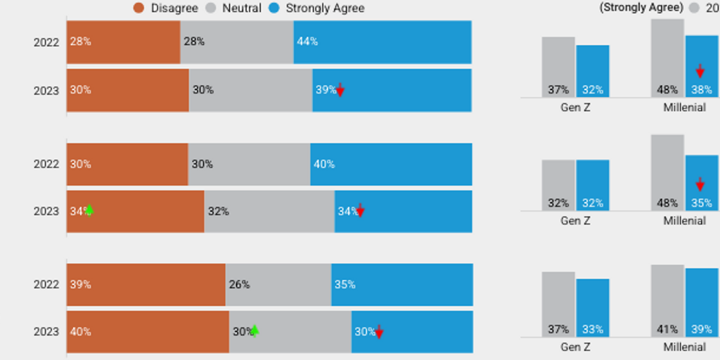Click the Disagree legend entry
(165, 8)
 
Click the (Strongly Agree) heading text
(641, 8)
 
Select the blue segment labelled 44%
(382, 42)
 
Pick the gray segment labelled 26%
(278, 285)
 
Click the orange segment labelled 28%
(123, 42)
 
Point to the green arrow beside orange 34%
(89, 210)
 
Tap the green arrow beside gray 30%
(255, 330)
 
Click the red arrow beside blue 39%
(340, 89)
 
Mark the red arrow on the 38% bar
(700, 71)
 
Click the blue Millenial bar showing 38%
(702, 66)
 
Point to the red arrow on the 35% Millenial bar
(700, 184)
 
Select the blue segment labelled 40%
(391, 164)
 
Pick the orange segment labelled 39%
(146, 285)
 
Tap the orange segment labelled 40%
(148, 332)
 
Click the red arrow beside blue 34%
(360, 210)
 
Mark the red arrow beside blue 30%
(379, 332)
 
